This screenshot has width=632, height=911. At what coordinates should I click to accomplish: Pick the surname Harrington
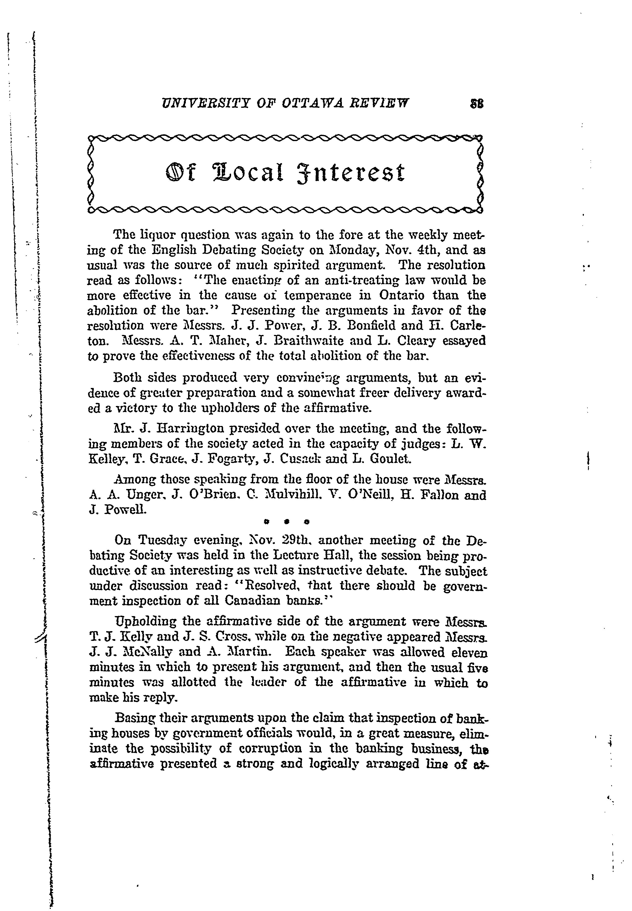pos(191,428)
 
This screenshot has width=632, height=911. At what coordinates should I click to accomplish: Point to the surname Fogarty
pos(227,459)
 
